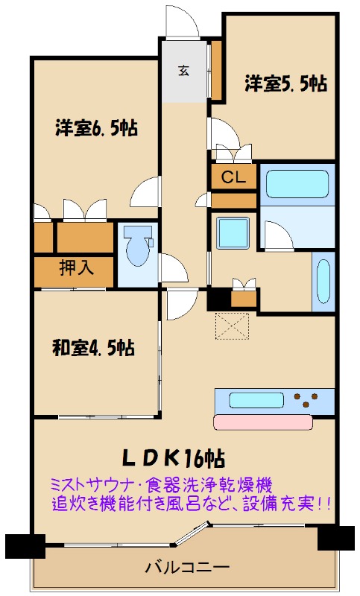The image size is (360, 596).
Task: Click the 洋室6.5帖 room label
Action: click(97, 128)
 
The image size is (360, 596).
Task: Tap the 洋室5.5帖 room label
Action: click(286, 83)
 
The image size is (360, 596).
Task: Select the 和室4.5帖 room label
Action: click(93, 347)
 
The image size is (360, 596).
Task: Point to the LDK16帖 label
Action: click(174, 458)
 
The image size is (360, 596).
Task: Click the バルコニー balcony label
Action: click(188, 568)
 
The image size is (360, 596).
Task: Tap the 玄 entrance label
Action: click(184, 70)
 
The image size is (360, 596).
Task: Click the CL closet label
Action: click(233, 177)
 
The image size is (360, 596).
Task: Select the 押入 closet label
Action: click(76, 268)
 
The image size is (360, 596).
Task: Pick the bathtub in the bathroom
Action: click(297, 184)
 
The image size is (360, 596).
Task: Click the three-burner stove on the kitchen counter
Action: click(306, 400)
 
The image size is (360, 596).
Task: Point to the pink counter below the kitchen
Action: click(262, 422)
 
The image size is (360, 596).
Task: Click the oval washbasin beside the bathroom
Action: click(323, 282)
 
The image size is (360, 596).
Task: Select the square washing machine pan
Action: click(233, 233)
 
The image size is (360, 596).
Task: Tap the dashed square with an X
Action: click(233, 326)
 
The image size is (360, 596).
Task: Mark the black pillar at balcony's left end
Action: click(25, 546)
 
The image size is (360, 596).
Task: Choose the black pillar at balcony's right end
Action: click(335, 537)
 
